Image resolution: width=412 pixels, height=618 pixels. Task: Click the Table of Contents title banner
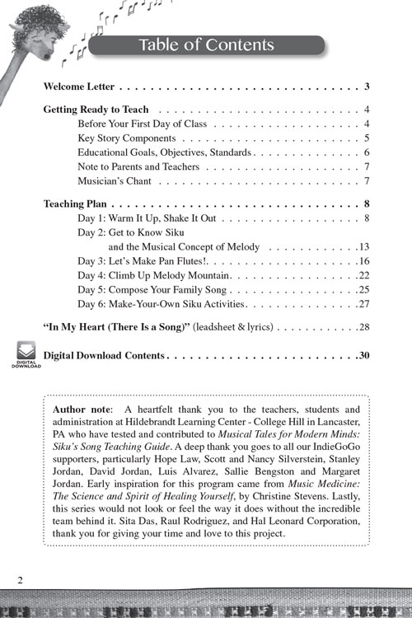coord(205,44)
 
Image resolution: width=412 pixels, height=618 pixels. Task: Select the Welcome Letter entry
coord(83,87)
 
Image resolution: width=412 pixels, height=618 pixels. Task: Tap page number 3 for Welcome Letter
coord(365,87)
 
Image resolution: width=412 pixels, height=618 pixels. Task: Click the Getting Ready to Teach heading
coord(96,109)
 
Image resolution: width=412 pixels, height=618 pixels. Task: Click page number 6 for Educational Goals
coord(365,152)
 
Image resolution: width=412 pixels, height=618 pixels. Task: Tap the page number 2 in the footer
coord(19,579)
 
